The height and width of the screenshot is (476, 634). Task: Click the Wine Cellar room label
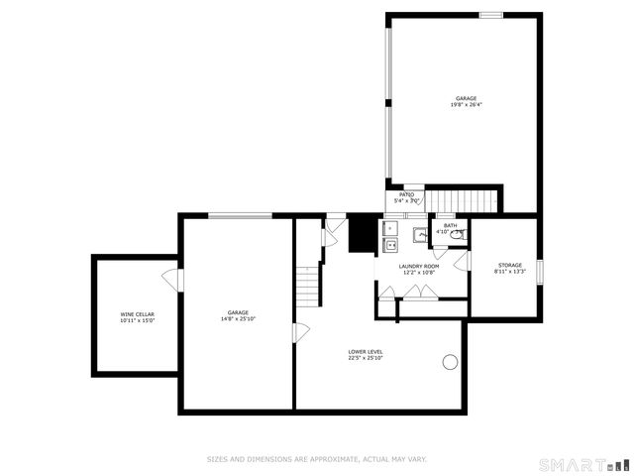click(x=138, y=313)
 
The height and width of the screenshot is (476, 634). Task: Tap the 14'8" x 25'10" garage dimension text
click(x=238, y=319)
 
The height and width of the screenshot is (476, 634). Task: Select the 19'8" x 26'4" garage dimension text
click(x=466, y=105)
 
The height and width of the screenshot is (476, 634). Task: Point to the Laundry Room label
click(x=419, y=266)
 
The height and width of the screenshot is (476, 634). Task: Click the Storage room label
click(x=509, y=265)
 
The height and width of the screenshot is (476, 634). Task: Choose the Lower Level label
click(x=366, y=351)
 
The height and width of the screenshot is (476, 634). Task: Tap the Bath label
click(x=451, y=225)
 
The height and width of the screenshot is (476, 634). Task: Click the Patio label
click(x=406, y=194)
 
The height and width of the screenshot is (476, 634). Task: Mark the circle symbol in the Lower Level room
click(x=451, y=362)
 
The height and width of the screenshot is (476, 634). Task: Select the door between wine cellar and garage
click(x=174, y=280)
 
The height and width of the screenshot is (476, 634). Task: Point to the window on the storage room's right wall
click(x=540, y=272)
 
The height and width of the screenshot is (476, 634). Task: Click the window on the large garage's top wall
click(x=491, y=15)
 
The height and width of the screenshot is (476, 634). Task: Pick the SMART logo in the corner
click(x=582, y=463)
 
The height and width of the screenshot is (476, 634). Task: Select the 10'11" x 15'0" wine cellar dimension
click(x=138, y=320)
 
